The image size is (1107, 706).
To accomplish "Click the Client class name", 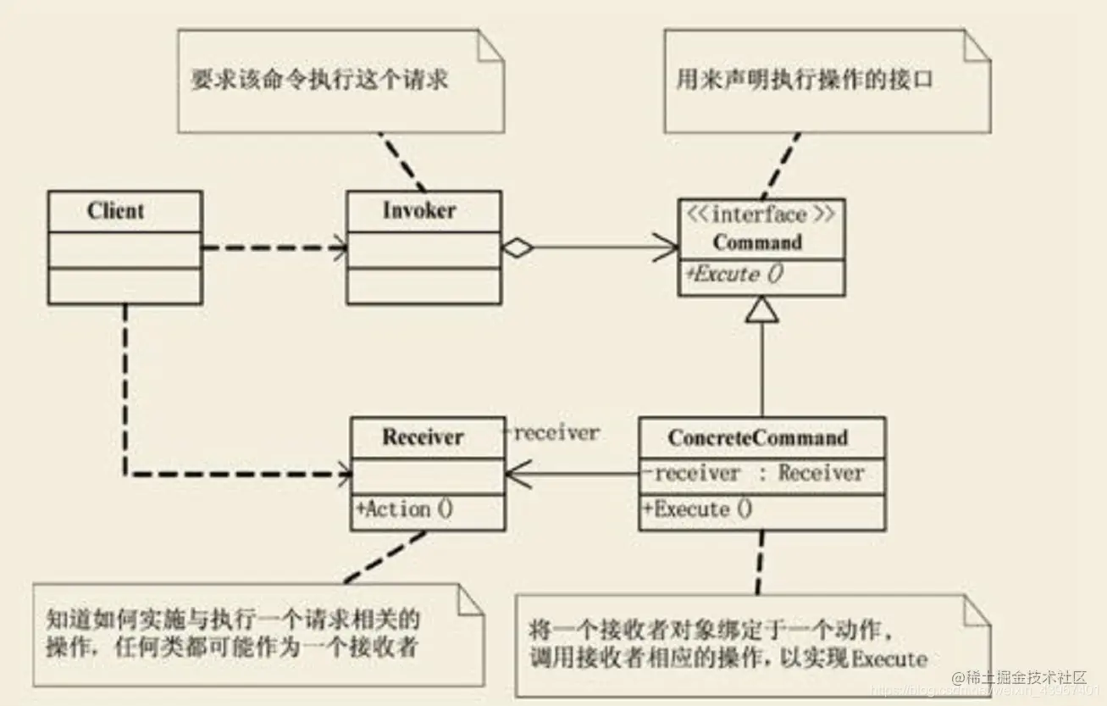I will [x=115, y=211].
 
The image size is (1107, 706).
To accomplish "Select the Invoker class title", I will [x=419, y=211].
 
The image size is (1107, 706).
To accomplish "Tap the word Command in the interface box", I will [x=756, y=242].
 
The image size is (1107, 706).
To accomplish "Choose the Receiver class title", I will [x=423, y=437].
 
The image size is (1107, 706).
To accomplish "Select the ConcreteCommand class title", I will [x=757, y=438].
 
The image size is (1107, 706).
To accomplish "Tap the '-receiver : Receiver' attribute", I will [x=754, y=473].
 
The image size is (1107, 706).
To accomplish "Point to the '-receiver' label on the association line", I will [x=551, y=433].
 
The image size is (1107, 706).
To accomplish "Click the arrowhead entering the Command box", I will [x=669, y=247].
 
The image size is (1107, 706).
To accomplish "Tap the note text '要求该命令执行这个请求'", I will [x=318, y=81].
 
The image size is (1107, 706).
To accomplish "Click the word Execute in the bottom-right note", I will [x=888, y=658].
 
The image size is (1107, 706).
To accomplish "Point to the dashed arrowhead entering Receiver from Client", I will [x=345, y=475].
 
